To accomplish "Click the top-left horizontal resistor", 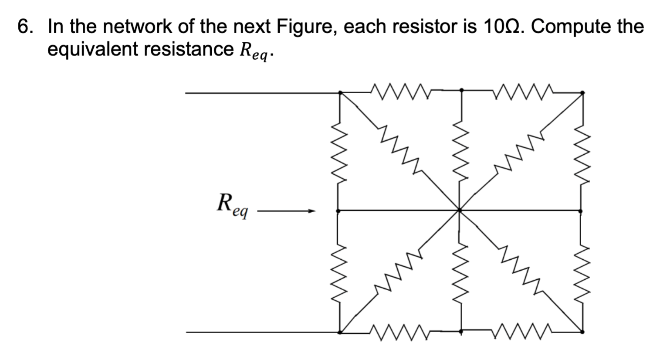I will [400, 92].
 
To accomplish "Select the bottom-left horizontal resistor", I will [400, 333].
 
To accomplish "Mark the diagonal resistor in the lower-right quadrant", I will [521, 270].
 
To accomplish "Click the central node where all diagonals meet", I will [460, 211].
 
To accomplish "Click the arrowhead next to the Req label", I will [311, 212].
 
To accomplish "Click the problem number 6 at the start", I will [25, 27].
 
